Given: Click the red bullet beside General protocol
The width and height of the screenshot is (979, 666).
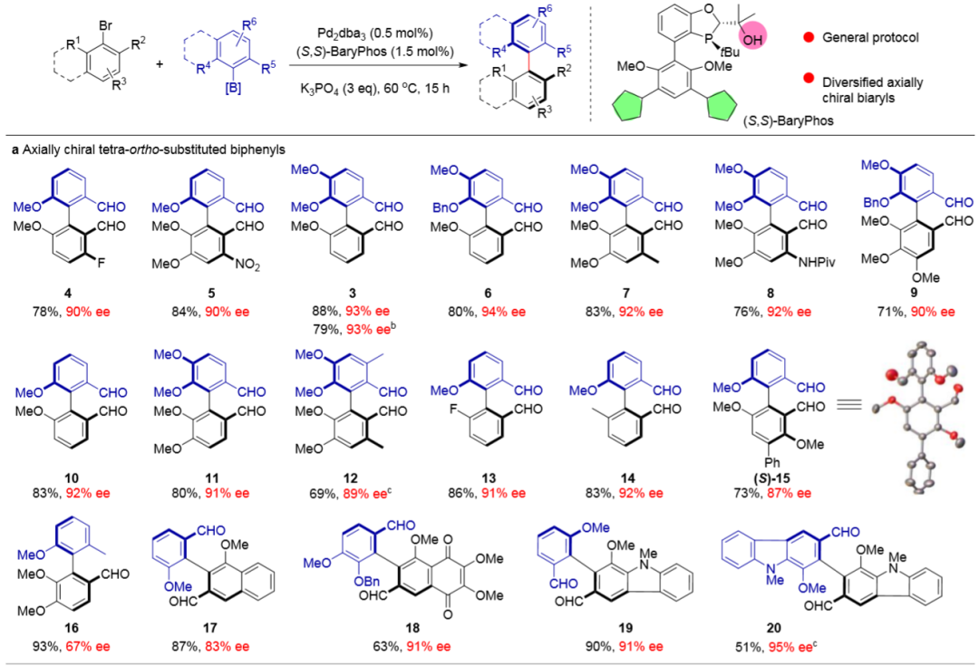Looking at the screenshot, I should click(807, 37).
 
